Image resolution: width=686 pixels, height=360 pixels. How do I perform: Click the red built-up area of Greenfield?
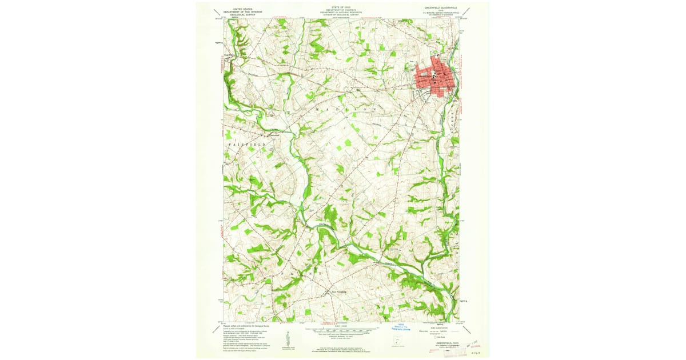(x=434, y=77)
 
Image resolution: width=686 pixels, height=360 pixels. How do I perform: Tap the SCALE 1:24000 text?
(x=342, y=326)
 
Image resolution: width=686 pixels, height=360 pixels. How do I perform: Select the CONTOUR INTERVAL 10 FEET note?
(x=342, y=338)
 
